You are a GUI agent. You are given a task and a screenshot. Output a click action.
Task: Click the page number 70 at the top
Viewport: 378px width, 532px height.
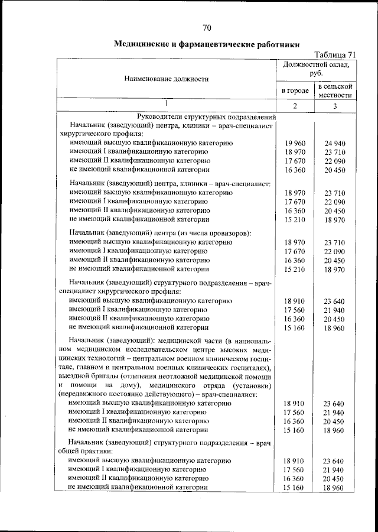[x=207, y=28]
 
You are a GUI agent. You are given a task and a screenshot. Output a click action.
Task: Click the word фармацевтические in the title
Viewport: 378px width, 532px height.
[x=210, y=44]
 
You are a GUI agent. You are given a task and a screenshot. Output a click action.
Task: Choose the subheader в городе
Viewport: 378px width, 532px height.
[x=295, y=90]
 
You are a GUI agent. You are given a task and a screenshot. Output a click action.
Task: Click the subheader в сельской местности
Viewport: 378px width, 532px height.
[x=335, y=90]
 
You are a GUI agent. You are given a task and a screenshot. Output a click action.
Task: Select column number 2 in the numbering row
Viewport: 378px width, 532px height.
[x=295, y=106]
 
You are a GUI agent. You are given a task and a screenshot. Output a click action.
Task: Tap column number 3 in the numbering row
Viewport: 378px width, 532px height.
[x=335, y=106]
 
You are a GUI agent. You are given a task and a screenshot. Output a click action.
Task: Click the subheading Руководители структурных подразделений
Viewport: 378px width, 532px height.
[x=203, y=116]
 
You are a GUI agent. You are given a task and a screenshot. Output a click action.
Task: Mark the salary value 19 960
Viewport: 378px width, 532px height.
[x=294, y=144]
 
